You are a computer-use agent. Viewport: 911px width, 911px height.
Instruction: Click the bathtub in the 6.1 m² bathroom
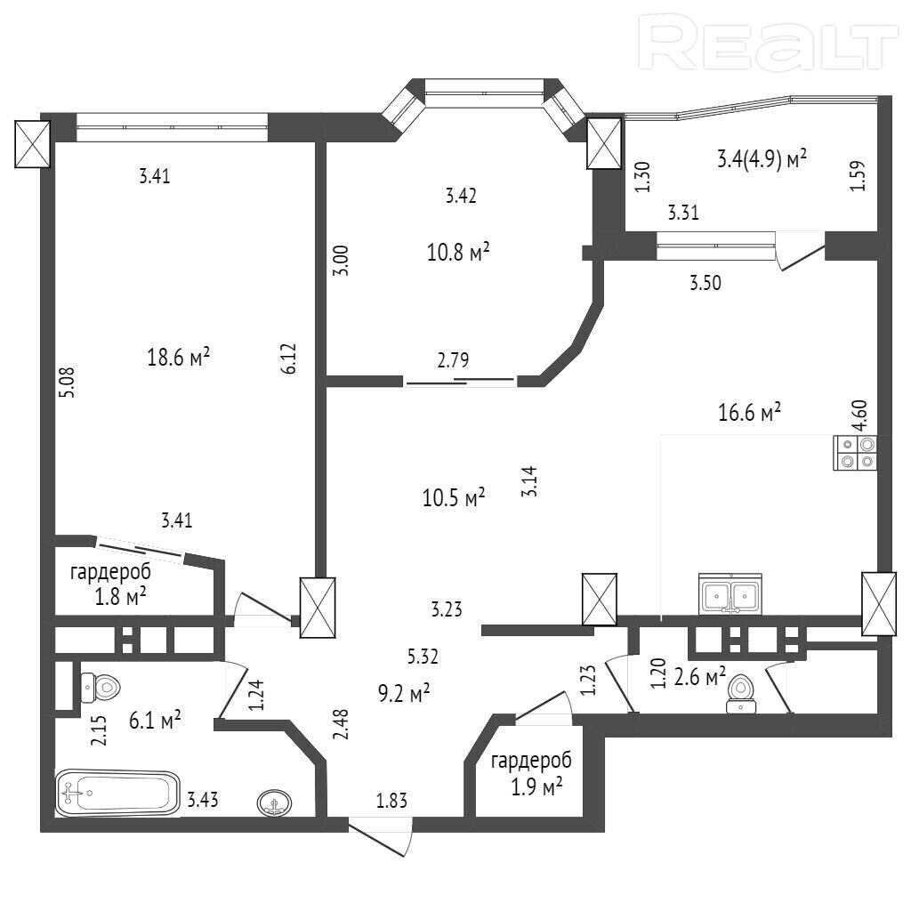[x=117, y=793]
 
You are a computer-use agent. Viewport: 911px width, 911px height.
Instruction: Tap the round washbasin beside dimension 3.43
[x=274, y=803]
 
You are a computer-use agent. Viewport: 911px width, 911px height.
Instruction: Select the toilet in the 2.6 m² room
[x=741, y=693]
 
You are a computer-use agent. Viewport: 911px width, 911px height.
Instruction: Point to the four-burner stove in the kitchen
[x=855, y=453]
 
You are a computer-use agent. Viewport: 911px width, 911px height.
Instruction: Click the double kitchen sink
[x=730, y=593]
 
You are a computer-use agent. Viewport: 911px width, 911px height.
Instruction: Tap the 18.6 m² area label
[x=178, y=357]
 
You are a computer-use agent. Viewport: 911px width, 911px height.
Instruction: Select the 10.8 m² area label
[x=458, y=252]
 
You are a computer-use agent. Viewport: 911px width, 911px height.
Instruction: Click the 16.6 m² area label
[x=749, y=413]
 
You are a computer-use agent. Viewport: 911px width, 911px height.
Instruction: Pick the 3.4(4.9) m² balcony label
[x=762, y=158]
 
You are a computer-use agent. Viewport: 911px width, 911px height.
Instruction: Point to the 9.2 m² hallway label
[x=404, y=692]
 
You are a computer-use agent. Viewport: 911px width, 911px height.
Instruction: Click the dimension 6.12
[x=290, y=359]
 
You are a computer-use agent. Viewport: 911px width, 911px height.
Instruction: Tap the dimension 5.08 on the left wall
[x=68, y=382]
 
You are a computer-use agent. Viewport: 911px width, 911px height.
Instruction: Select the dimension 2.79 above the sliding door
[x=453, y=360]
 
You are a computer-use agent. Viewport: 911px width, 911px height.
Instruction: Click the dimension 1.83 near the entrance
[x=392, y=801]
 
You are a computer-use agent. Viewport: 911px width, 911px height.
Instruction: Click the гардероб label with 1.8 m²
[x=110, y=584]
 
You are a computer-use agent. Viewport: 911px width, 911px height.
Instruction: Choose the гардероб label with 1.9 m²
[x=531, y=774]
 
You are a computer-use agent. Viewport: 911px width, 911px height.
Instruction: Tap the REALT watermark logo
[x=768, y=42]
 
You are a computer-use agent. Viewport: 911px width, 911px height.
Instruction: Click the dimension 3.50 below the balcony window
[x=705, y=283]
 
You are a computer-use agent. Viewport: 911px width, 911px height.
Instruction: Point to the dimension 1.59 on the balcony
[x=858, y=175]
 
